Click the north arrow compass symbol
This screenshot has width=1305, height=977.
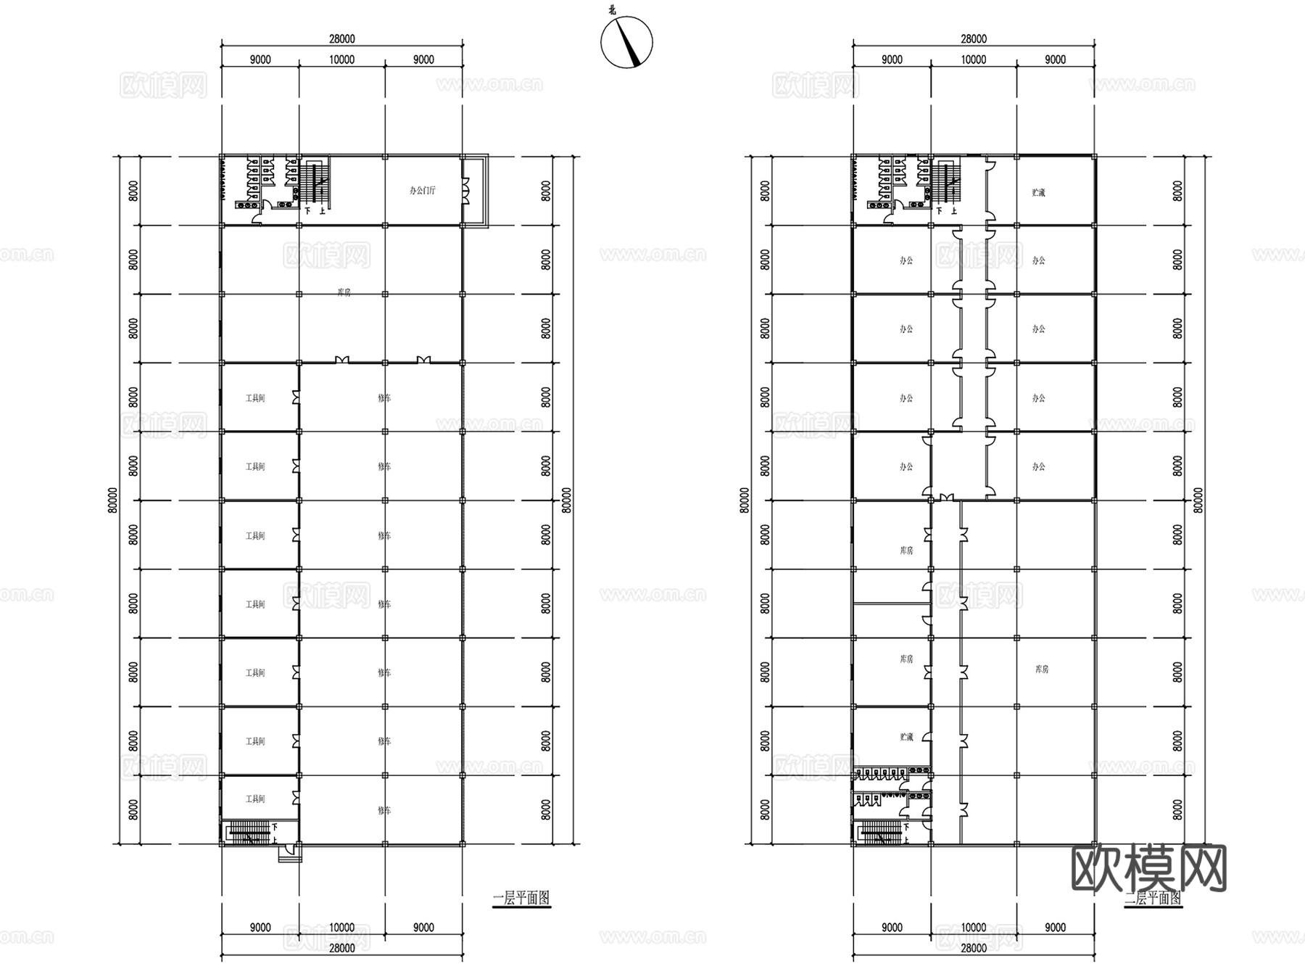[626, 43]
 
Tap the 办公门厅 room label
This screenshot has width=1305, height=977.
[423, 191]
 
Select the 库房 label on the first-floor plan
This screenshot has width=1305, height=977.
[344, 293]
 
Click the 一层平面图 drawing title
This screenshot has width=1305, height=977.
[521, 898]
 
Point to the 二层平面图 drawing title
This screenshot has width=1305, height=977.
[1153, 899]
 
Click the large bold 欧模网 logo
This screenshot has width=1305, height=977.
[1148, 867]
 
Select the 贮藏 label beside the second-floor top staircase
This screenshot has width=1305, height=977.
[1039, 193]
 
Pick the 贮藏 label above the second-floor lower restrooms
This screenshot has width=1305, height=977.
[906, 737]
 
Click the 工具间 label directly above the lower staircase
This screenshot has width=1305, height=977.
[255, 799]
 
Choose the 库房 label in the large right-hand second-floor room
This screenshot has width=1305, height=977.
[1042, 669]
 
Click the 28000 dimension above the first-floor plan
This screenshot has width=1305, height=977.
[342, 39]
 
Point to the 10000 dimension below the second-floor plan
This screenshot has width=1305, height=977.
[974, 928]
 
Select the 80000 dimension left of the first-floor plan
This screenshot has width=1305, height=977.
[112, 500]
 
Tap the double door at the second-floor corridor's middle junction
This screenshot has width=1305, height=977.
[945, 497]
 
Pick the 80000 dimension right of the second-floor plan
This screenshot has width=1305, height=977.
[1198, 500]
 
